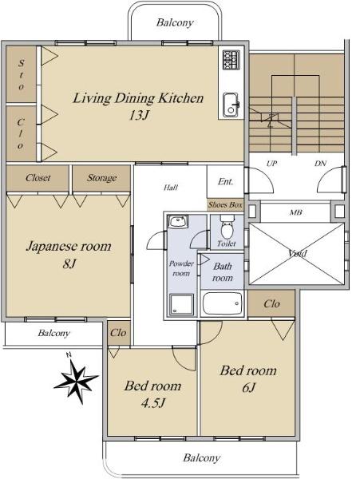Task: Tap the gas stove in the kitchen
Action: click(231, 60)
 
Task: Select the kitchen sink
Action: click(231, 105)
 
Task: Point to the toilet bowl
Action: click(227, 228)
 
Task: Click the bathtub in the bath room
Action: click(222, 303)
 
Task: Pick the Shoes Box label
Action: click(225, 204)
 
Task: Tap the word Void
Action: click(298, 253)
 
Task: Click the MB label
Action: click(295, 212)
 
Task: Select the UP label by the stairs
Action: click(271, 164)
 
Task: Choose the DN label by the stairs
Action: click(320, 164)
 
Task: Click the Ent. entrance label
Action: click(225, 181)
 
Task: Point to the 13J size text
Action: click(139, 115)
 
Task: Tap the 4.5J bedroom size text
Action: click(153, 403)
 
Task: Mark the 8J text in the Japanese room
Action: click(69, 263)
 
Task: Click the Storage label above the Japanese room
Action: click(101, 178)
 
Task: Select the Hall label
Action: click(171, 188)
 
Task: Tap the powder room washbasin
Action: click(178, 221)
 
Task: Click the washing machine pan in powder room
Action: click(181, 304)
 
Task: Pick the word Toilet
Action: click(227, 243)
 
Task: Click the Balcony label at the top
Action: click(175, 22)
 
